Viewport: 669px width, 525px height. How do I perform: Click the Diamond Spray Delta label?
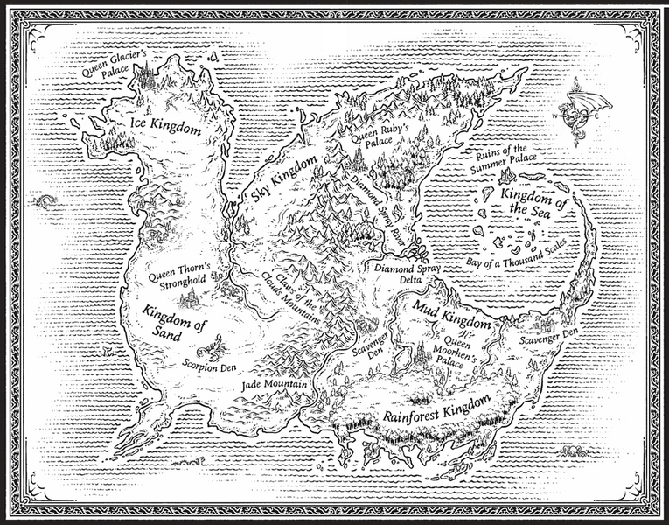[408, 276]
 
